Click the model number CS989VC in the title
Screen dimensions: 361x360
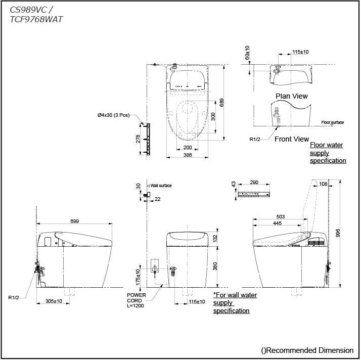click(x=28, y=10)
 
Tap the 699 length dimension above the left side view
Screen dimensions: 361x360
click(x=75, y=221)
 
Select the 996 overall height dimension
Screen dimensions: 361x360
click(x=338, y=233)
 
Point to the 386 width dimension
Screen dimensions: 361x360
click(x=188, y=155)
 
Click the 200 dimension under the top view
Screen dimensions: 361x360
click(x=188, y=147)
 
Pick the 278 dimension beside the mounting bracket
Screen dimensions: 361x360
click(x=138, y=139)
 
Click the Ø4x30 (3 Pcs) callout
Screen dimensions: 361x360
click(x=113, y=115)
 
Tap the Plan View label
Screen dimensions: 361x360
click(x=291, y=96)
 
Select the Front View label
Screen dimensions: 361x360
click(x=292, y=139)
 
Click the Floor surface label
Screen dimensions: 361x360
click(x=333, y=122)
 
